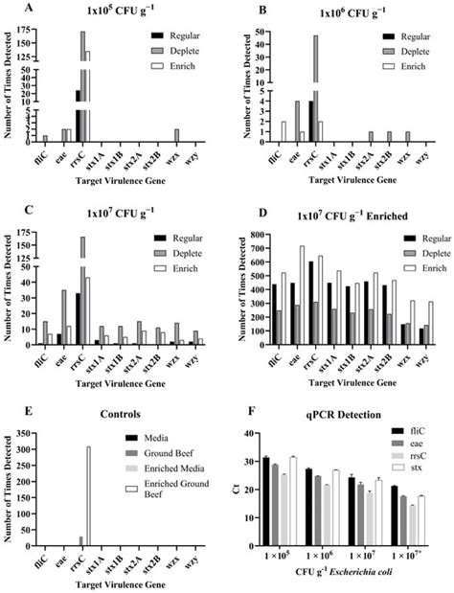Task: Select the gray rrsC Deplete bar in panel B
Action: point(315,86)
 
